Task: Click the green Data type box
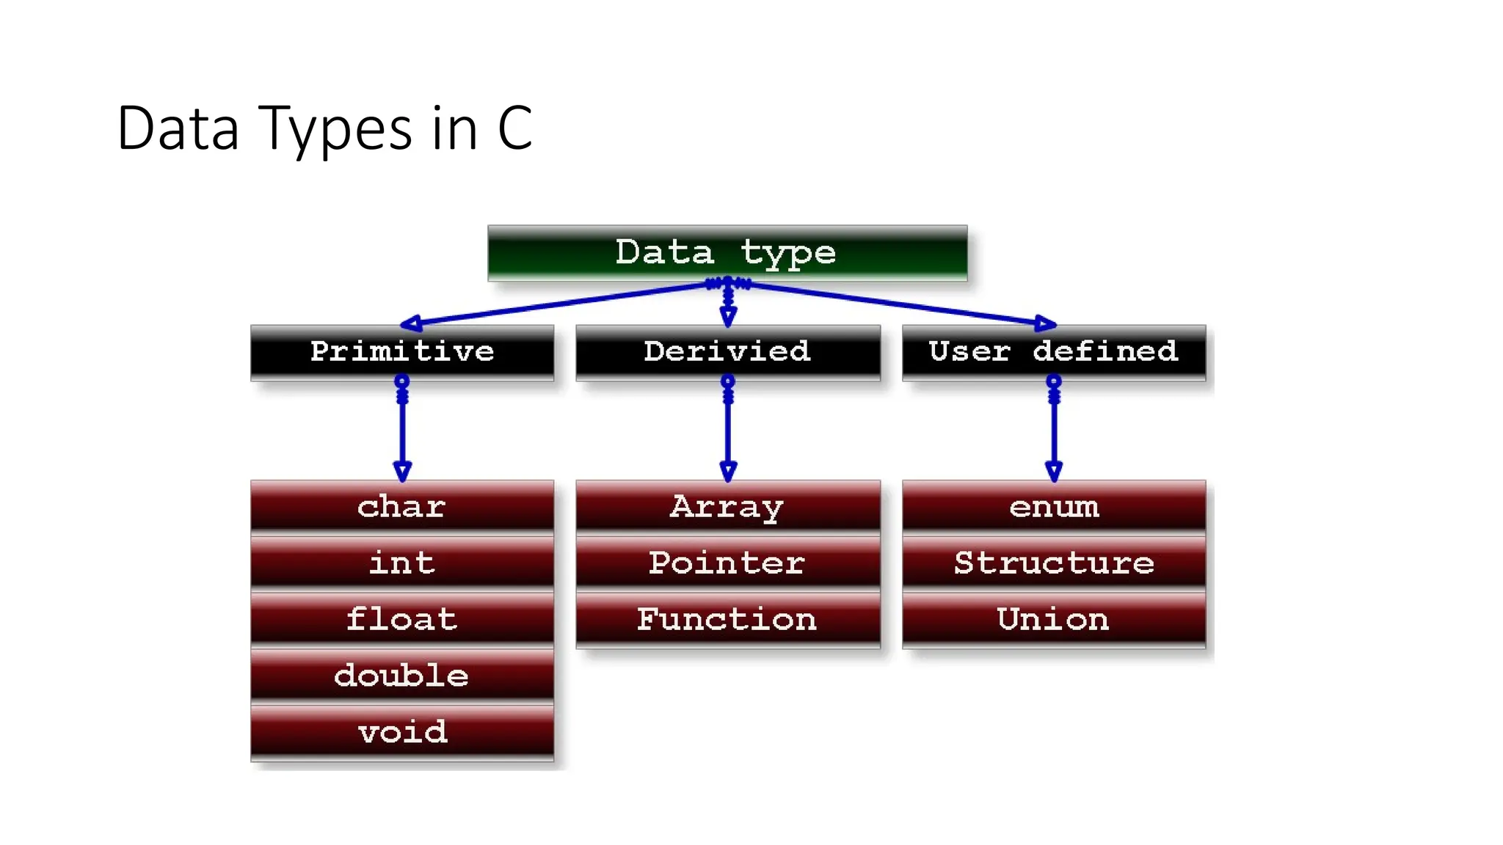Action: click(x=727, y=253)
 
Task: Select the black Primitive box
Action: click(x=402, y=352)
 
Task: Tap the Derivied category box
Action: click(x=727, y=352)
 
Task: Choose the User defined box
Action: click(x=1054, y=352)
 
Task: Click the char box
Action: click(x=402, y=507)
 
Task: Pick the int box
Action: click(x=402, y=563)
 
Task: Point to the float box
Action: click(x=402, y=620)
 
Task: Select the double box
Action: click(x=402, y=676)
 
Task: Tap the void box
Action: click(x=402, y=732)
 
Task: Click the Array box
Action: click(x=727, y=507)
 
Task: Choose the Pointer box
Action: click(x=727, y=563)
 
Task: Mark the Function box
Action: click(x=727, y=620)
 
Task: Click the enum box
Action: click(x=1054, y=507)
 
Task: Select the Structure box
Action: click(x=1054, y=563)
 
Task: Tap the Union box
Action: click(x=1054, y=620)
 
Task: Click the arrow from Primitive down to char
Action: click(x=402, y=433)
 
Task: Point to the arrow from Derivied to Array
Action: click(x=728, y=433)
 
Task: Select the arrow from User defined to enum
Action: click(x=1054, y=433)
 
